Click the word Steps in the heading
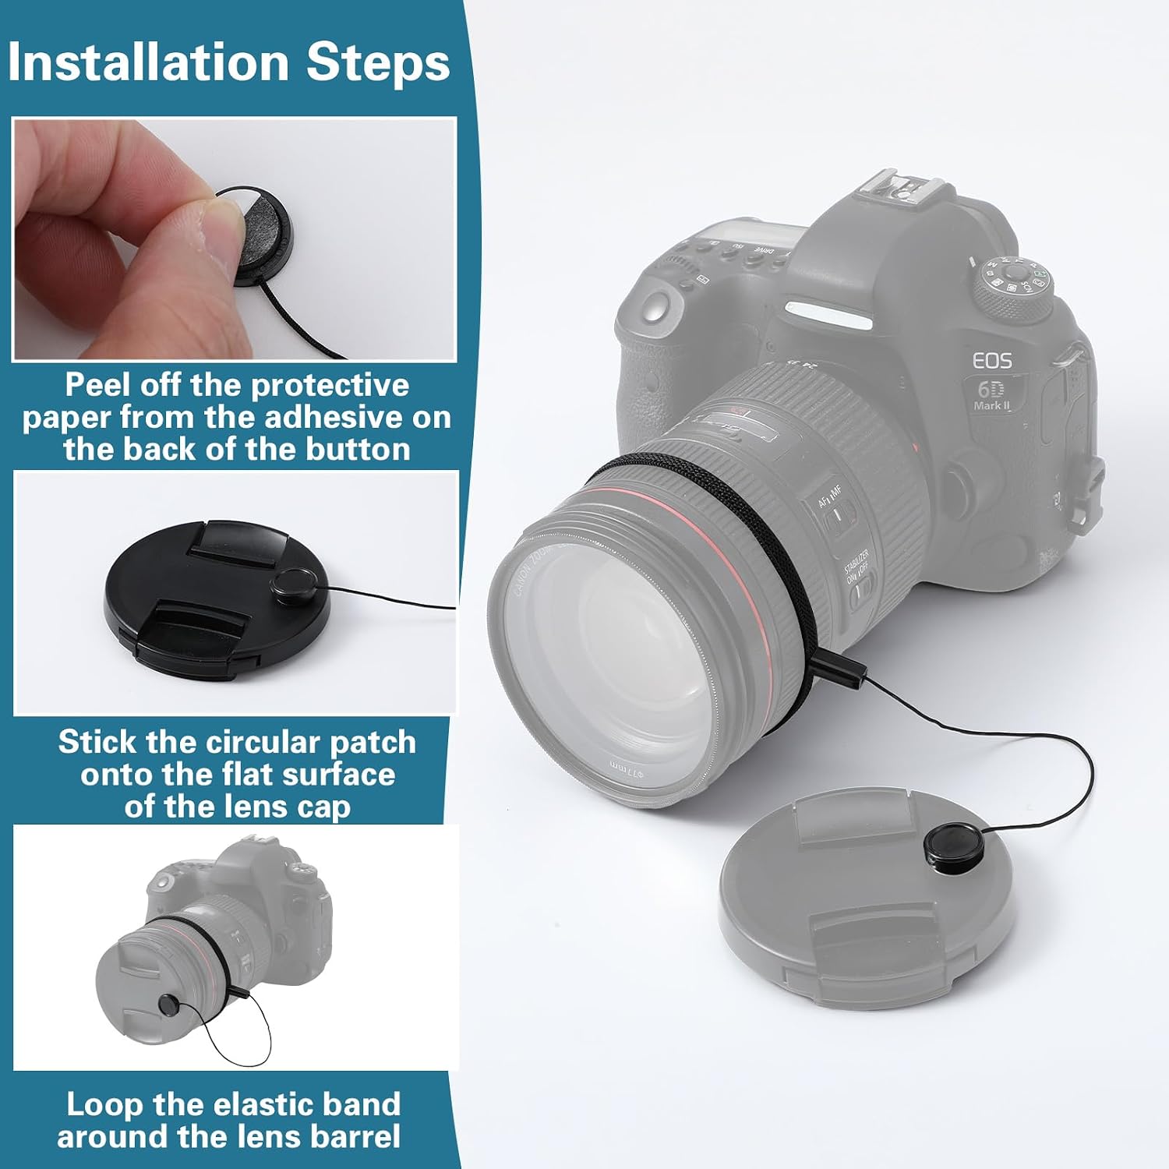[x=378, y=63]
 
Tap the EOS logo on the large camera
[x=992, y=361]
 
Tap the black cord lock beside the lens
[x=838, y=668]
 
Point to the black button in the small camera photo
[x=168, y=1005]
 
